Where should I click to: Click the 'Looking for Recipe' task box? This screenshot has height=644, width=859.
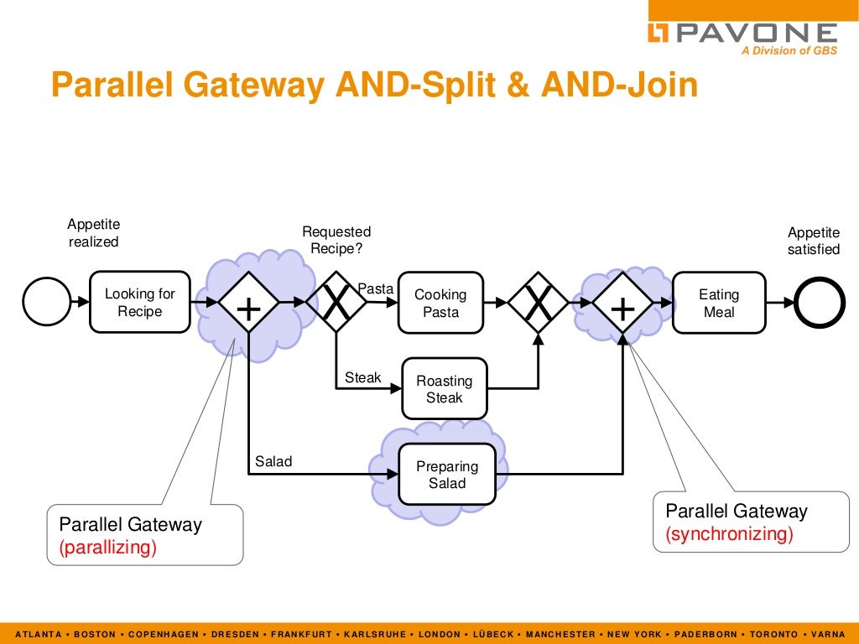point(139,302)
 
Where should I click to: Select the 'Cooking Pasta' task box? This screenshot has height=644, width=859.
point(440,303)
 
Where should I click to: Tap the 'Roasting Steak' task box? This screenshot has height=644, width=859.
point(444,388)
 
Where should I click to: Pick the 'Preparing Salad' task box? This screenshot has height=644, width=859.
point(447,475)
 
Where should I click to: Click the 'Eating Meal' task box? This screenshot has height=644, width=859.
point(719,303)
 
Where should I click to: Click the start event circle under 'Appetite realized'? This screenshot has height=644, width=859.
point(47,301)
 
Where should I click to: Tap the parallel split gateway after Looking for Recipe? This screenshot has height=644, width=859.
point(249,302)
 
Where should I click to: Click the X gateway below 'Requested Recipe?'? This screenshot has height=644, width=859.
point(336,302)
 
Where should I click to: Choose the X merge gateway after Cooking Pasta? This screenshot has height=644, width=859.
point(539,302)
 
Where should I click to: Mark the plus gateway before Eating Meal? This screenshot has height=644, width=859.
point(622,302)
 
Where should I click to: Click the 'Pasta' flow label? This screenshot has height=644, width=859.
point(376,288)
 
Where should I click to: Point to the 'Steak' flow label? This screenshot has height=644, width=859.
point(363,378)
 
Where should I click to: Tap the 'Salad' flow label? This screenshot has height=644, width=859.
point(273,461)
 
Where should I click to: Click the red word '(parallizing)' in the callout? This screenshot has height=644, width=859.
point(107,548)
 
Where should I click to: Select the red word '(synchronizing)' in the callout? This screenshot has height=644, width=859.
point(729,534)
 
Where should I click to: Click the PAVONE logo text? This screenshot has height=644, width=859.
point(755,33)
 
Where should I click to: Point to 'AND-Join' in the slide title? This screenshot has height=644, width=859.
point(619,86)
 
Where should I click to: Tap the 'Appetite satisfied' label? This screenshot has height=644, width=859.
point(813,241)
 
